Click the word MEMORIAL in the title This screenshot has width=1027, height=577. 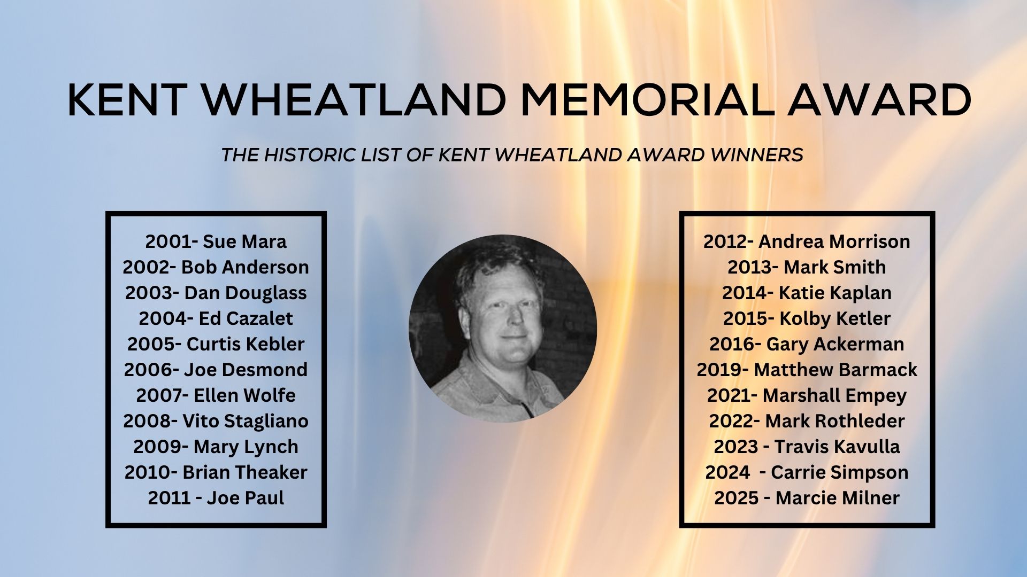[x=648, y=100]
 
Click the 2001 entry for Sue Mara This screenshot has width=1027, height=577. [x=216, y=241]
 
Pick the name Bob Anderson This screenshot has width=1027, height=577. [x=245, y=267]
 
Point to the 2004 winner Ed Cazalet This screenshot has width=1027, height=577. [x=216, y=318]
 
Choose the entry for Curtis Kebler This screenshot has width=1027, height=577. [x=216, y=344]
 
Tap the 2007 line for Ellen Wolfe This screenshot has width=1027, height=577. [x=216, y=395]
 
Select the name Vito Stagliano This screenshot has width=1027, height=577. [x=246, y=421]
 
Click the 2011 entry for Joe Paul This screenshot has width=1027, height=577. [x=216, y=498]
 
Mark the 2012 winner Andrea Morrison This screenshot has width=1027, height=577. [x=807, y=241]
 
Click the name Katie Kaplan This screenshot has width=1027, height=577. [x=835, y=293]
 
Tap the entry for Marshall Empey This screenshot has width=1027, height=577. [x=807, y=396]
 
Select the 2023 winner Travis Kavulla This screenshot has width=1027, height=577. [x=807, y=447]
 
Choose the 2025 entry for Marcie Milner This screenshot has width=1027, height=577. [x=807, y=498]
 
